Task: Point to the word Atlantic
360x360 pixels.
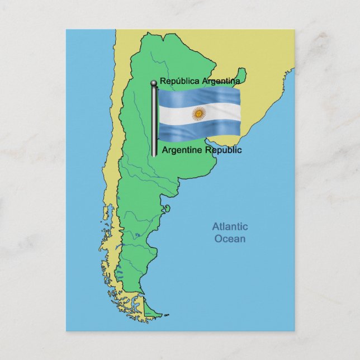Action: [x=229, y=227]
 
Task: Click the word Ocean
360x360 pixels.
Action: [x=229, y=239]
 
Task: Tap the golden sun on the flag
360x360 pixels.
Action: [x=198, y=115]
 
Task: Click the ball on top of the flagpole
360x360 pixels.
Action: [x=154, y=84]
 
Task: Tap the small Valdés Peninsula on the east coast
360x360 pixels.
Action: [x=166, y=209]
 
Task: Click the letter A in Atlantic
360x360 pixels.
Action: [x=215, y=227]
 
